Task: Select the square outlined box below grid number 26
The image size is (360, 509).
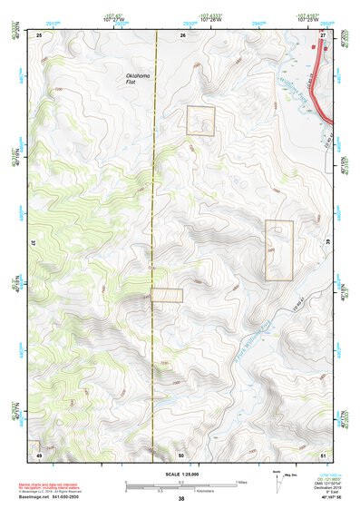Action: click(200, 121)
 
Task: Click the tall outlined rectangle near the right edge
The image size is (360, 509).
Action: click(278, 250)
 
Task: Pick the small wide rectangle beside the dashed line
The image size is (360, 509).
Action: click(167, 295)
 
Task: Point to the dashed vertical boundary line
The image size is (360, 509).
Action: click(157, 227)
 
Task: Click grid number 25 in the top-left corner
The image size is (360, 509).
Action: click(40, 34)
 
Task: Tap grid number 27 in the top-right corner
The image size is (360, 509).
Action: click(322, 34)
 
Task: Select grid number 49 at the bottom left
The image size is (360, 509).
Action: click(39, 454)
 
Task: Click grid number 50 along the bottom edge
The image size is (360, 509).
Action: click(180, 454)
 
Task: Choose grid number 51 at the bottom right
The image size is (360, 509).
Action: click(323, 454)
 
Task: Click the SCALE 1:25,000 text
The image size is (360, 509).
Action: click(180, 475)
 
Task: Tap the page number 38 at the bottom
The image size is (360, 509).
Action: click(180, 499)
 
